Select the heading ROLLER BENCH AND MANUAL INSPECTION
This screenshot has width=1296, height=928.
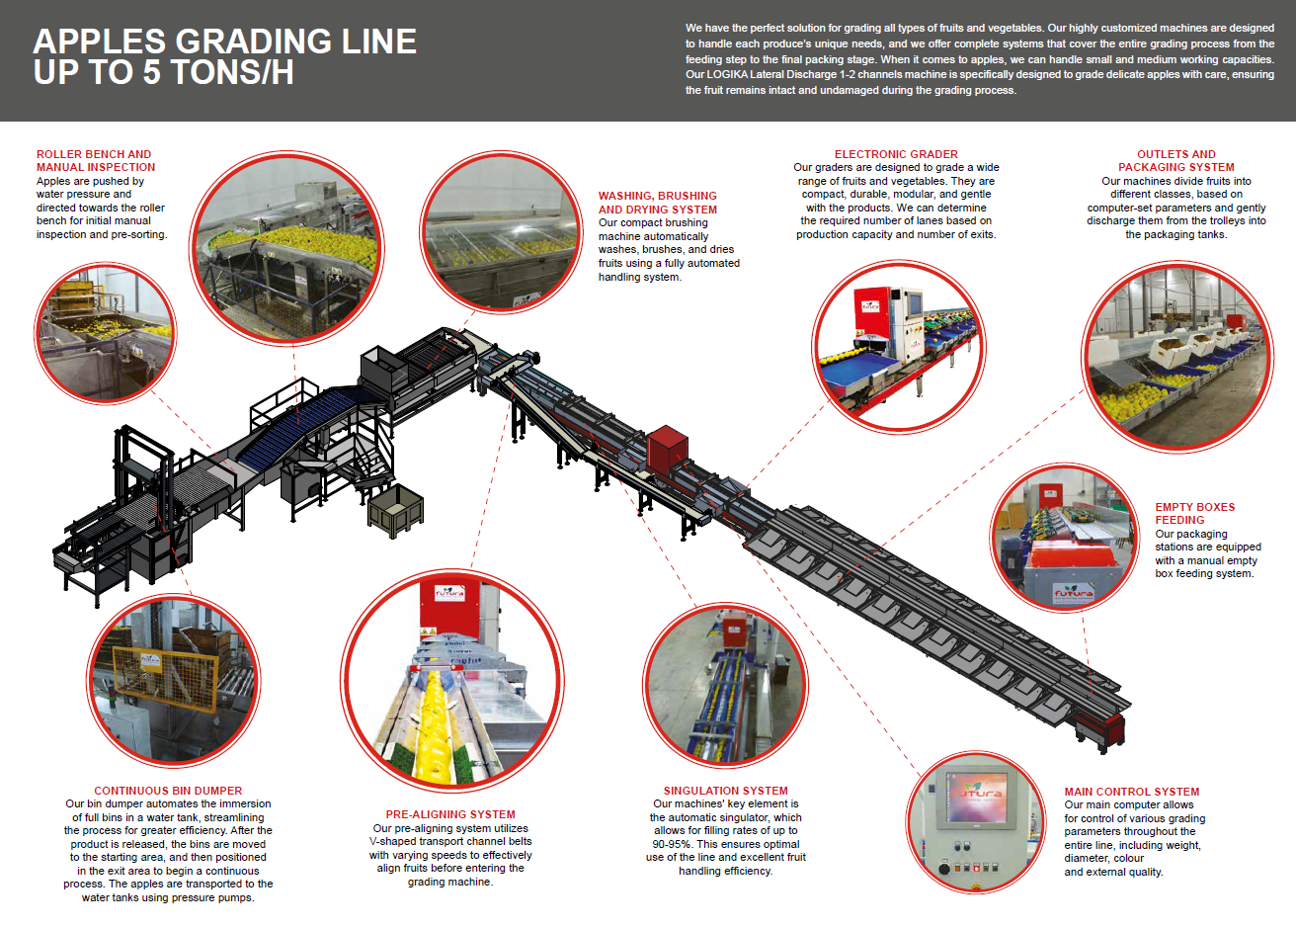pyautogui.click(x=95, y=161)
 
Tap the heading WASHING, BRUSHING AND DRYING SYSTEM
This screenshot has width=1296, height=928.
pyautogui.click(x=657, y=203)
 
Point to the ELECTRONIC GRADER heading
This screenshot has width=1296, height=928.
pyautogui.click(x=896, y=154)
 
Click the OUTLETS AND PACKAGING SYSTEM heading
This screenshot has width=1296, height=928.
pyautogui.click(x=1175, y=161)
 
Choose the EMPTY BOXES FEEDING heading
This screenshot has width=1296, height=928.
pyautogui.click(x=1194, y=513)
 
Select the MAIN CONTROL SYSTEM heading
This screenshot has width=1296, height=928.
pyautogui.click(x=1131, y=792)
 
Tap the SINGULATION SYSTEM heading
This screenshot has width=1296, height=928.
pyautogui.click(x=725, y=791)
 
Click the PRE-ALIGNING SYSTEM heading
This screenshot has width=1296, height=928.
pyautogui.click(x=450, y=814)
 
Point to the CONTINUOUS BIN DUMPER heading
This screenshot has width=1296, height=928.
pyautogui.click(x=168, y=791)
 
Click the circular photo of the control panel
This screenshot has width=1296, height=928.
pyautogui.click(x=977, y=823)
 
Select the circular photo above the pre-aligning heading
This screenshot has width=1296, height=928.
pyautogui.click(x=452, y=676)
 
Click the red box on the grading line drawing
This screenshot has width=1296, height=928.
pyautogui.click(x=668, y=448)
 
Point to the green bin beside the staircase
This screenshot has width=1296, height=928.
pyautogui.click(x=395, y=509)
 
